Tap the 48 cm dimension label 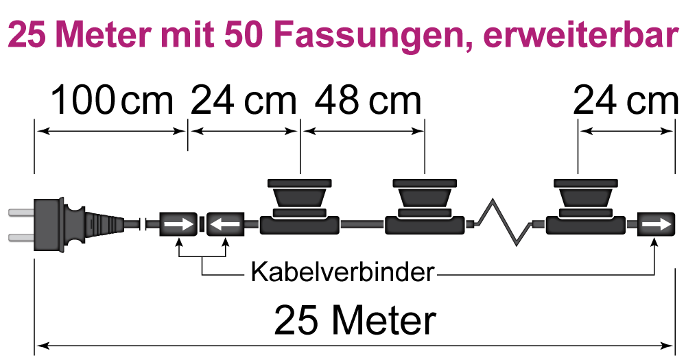[368, 101]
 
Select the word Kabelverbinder [342, 272]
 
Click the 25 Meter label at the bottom [355, 320]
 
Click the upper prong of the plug [19, 213]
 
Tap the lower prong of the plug [19, 237]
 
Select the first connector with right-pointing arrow [178, 224]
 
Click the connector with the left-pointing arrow [226, 224]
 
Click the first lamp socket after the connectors [300, 206]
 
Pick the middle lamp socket [425, 206]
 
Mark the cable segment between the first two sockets [362, 224]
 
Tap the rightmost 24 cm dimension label [625, 101]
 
